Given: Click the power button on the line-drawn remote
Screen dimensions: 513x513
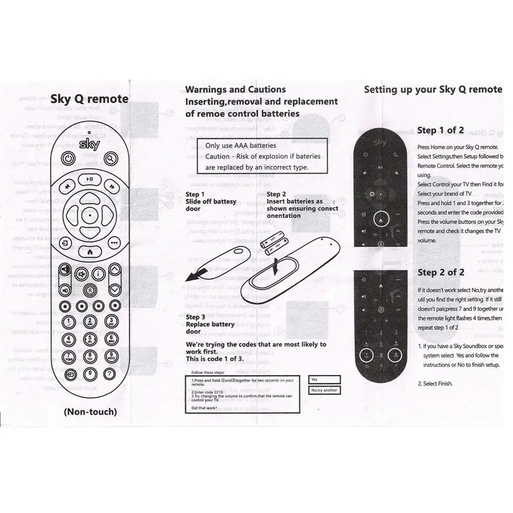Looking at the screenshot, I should click(x=68, y=158).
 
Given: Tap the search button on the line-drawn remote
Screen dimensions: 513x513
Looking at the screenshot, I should click(x=111, y=158).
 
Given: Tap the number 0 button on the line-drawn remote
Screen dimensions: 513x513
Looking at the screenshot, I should click(x=90, y=374).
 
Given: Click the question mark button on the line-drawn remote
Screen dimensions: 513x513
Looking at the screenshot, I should click(x=110, y=374).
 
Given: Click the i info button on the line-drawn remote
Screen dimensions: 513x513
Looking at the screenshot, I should click(x=97, y=274).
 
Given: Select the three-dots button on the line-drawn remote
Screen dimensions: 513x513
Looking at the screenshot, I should click(x=113, y=242).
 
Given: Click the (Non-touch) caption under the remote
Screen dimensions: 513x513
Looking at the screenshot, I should click(x=90, y=412).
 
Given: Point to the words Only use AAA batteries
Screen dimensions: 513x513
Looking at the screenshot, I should click(x=240, y=146).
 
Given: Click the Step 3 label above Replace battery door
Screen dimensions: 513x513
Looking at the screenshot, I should click(x=192, y=317).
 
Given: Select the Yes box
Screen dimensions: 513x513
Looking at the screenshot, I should click(x=324, y=379).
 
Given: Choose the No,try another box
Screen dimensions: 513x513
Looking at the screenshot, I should click(x=324, y=390).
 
